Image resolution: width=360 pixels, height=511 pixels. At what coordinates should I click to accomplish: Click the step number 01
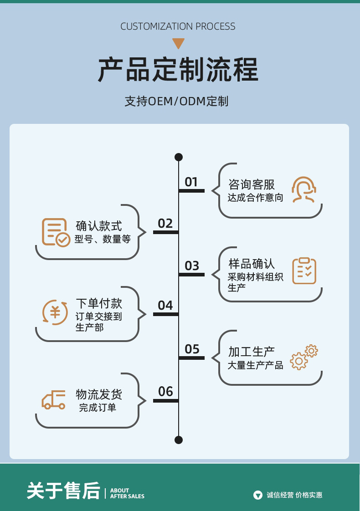[191, 182]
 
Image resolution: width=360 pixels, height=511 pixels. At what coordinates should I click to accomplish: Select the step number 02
[165, 223]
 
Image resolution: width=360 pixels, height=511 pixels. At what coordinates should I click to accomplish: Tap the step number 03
[192, 266]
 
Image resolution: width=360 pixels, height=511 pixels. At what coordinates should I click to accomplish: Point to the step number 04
[165, 305]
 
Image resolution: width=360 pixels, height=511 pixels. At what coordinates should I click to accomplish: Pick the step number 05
[192, 349]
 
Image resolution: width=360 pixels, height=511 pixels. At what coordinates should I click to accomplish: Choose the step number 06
[165, 391]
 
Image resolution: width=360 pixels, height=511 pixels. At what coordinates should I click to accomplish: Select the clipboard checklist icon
[304, 271]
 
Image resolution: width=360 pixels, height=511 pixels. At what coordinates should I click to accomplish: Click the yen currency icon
[55, 312]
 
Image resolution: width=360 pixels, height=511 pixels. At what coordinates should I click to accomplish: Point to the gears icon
[304, 357]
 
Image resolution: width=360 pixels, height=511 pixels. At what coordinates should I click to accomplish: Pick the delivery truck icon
[54, 400]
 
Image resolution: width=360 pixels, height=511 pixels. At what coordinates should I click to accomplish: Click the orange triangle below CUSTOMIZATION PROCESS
[179, 44]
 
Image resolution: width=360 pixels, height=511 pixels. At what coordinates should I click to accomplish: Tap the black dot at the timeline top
[179, 157]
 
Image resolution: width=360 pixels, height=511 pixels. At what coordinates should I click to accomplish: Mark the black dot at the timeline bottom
[179, 439]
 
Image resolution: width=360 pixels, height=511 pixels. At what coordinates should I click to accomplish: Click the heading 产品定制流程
[178, 70]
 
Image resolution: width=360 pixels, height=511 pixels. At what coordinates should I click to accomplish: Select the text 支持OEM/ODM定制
[177, 101]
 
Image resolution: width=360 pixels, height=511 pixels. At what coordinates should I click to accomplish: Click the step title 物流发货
[99, 394]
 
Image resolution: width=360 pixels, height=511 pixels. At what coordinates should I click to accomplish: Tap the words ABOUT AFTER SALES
[127, 493]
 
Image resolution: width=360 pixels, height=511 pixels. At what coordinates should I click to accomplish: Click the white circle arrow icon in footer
[258, 495]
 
